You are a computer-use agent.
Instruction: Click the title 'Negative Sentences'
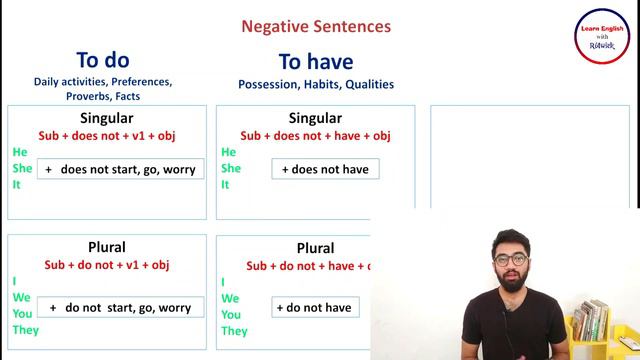click(x=317, y=27)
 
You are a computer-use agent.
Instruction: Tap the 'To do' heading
click(x=103, y=60)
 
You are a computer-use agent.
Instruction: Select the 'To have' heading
click(x=315, y=63)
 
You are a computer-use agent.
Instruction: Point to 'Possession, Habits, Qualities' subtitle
click(x=315, y=85)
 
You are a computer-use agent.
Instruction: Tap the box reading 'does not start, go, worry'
click(x=120, y=169)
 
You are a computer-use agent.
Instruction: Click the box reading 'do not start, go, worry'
click(x=120, y=308)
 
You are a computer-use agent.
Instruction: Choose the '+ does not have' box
click(x=325, y=169)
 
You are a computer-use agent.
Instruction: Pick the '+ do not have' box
click(x=313, y=308)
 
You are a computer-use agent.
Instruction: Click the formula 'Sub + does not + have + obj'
click(x=315, y=135)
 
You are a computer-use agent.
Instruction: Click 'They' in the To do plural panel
click(x=25, y=330)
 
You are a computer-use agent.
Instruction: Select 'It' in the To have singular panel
click(x=225, y=185)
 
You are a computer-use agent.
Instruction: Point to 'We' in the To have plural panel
click(x=230, y=298)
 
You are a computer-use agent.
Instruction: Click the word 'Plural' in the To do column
click(x=106, y=247)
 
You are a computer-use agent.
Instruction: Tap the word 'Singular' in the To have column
click(x=315, y=117)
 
